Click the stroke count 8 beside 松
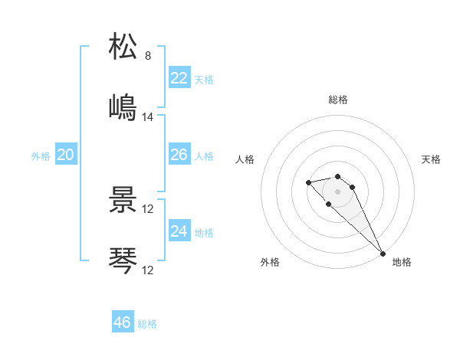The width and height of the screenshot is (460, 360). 148,56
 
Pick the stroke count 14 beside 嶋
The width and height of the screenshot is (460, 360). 148,116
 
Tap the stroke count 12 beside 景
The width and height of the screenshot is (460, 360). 148,209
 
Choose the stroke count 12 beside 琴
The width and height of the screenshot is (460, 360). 148,270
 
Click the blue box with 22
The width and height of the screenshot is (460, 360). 179,78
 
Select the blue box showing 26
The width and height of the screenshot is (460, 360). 179,155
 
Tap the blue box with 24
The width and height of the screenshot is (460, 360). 179,231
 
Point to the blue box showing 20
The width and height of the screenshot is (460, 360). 65,155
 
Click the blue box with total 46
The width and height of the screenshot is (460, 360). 123,322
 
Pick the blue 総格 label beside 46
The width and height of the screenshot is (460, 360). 147,324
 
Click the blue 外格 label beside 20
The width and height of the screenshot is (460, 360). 41,156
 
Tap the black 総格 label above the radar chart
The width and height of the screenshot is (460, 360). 338,100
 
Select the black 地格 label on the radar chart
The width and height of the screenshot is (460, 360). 402,262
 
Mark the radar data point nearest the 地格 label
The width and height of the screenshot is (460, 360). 383,254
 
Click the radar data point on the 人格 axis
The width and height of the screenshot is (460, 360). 308,182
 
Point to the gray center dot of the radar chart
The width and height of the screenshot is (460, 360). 337,191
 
